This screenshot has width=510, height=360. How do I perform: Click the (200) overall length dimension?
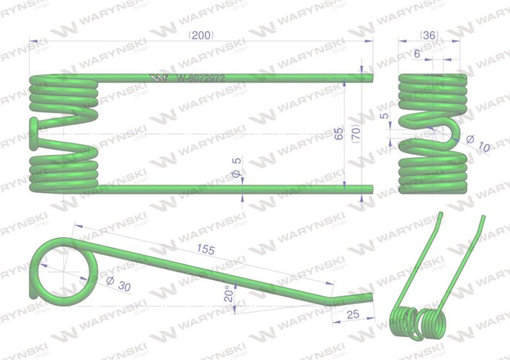pyautogui.click(x=202, y=35)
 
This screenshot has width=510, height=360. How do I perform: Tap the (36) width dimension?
pyautogui.click(x=430, y=35)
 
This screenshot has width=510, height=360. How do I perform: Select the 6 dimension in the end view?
pyautogui.click(x=418, y=53)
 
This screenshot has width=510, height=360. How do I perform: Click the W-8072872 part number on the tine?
pyautogui.click(x=202, y=78)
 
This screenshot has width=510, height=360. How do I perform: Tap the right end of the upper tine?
pyautogui.click(x=372, y=77)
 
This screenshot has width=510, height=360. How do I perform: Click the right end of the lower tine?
pyautogui.click(x=372, y=190)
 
